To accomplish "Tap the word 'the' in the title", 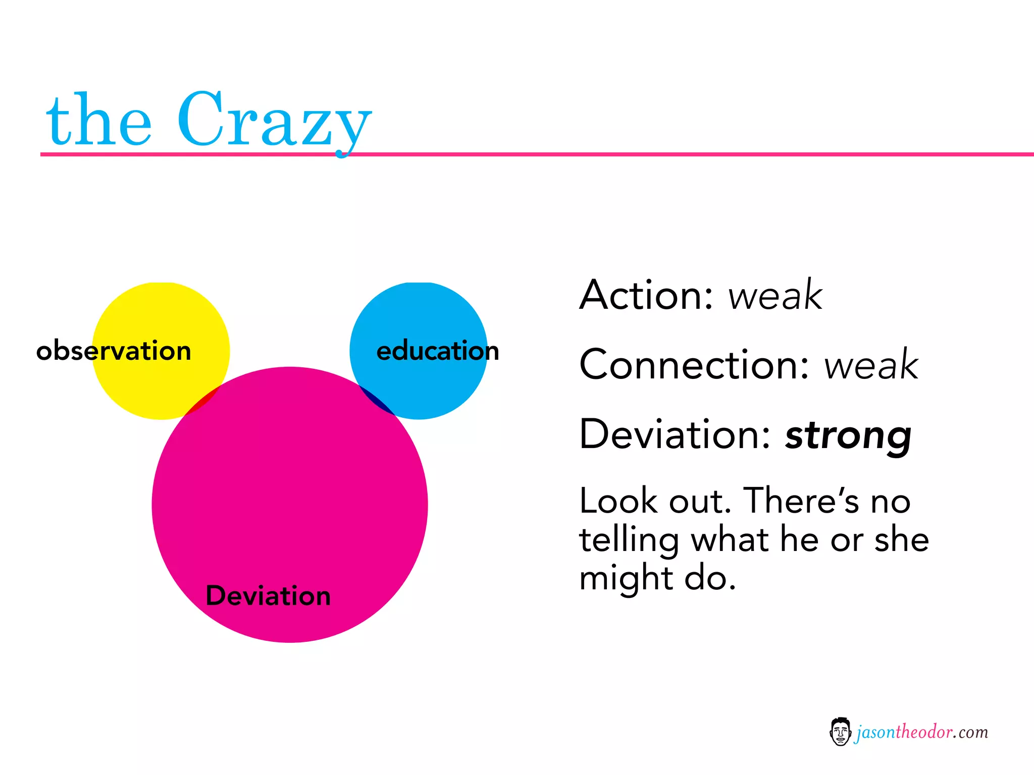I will [98, 121].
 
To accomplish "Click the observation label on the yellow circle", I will [114, 351].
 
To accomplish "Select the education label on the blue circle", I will [438, 351].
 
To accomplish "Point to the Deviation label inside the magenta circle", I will [268, 596].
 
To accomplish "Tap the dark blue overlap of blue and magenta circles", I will [377, 400].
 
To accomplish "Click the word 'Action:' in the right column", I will [646, 295].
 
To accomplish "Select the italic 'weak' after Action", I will [775, 295].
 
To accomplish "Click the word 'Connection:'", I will [694, 365].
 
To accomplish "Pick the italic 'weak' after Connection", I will [871, 365].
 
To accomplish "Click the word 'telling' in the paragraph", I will [629, 540].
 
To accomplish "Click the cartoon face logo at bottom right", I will [840, 732].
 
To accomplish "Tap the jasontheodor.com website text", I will [922, 732].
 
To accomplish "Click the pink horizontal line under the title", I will [656, 154].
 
